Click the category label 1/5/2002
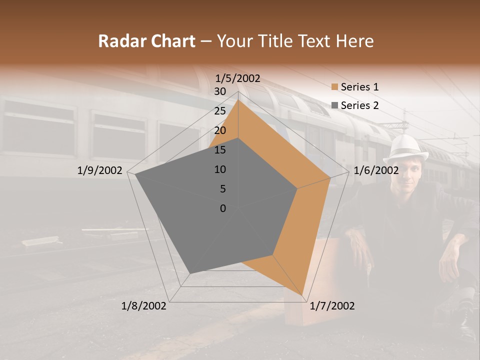[x=238, y=78]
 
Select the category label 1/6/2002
[x=376, y=170]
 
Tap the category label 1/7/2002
[x=332, y=306]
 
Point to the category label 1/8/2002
[x=144, y=306]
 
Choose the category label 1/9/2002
[x=100, y=170]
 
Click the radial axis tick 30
[x=220, y=91]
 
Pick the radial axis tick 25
[x=220, y=111]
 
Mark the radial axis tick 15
[x=220, y=150]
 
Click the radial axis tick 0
[x=223, y=208]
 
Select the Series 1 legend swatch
[x=334, y=87]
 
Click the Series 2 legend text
[x=359, y=105]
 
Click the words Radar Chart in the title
[x=146, y=41]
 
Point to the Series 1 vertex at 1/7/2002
[x=303, y=295]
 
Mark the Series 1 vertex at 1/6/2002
[x=330, y=177]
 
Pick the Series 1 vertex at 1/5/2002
[x=238, y=100]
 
